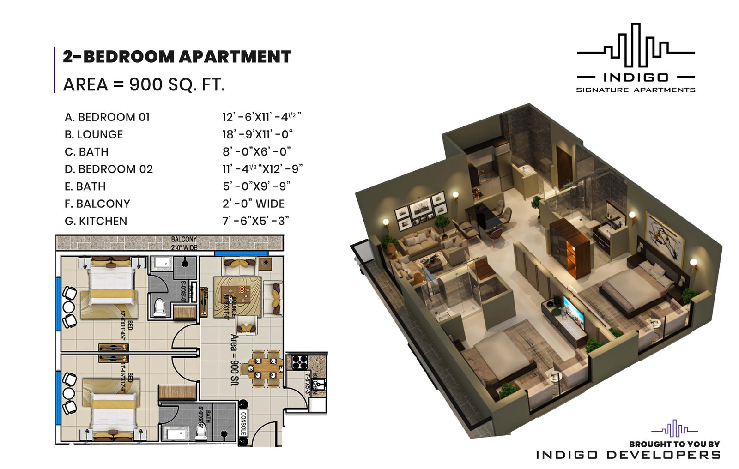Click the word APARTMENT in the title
235,57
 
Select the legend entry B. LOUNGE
94,134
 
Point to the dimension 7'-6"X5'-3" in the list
255,221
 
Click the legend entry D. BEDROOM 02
109,169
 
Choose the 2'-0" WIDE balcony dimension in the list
253,204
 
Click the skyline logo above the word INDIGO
636,46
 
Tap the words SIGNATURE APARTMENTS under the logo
636,90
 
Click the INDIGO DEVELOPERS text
628,455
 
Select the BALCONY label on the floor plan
184,239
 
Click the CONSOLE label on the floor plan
243,423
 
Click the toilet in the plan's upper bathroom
159,307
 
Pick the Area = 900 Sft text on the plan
234,360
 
